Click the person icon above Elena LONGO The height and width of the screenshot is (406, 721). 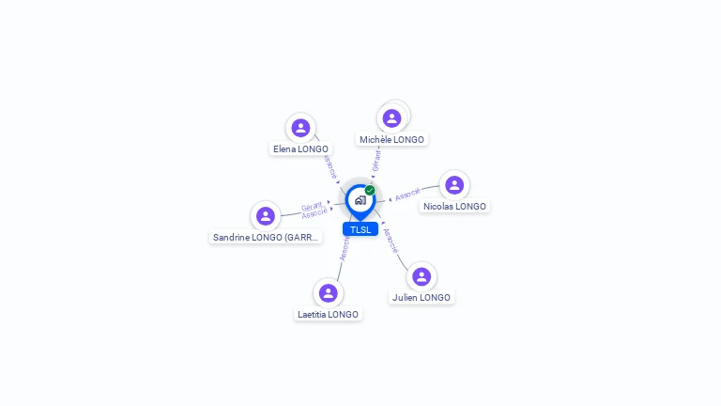pos(300,128)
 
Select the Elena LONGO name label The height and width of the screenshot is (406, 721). pos(300,148)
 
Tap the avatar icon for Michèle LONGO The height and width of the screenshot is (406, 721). pos(391,118)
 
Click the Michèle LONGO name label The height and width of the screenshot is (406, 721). pos(391,139)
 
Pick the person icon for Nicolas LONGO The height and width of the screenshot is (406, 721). pos(454,185)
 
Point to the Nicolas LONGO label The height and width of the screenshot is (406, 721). pos(454,206)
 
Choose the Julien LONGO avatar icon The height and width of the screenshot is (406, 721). pos(422,276)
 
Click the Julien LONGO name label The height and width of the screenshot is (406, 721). pos(422,297)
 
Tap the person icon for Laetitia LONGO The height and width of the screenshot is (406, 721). pos(328,293)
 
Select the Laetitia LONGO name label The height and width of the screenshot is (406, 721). pos(328,314)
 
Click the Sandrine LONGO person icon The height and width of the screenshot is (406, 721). pos(266,216)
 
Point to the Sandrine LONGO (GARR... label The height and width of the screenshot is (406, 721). pos(266,237)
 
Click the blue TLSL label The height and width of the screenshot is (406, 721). pos(360,229)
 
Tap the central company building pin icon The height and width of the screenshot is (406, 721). pos(360,200)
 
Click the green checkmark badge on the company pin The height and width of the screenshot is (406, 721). pos(370,190)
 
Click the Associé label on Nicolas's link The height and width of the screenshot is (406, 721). pos(407,195)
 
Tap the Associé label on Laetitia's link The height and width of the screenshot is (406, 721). pos(345,248)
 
